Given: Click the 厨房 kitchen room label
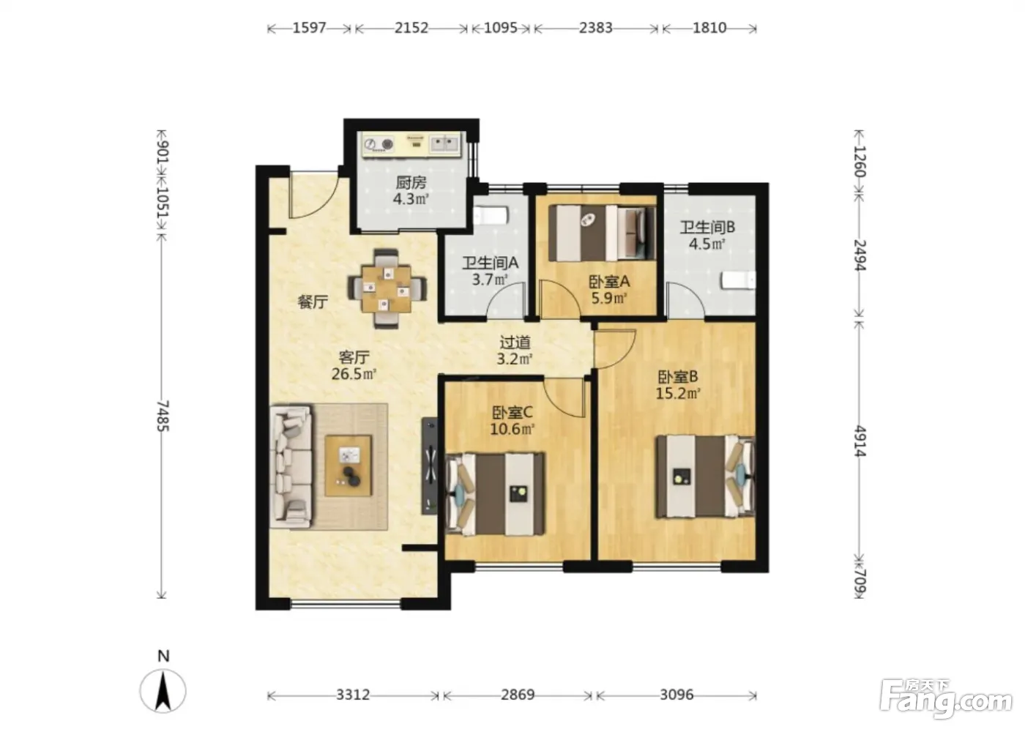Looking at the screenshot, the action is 411,182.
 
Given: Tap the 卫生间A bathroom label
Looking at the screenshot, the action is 490,263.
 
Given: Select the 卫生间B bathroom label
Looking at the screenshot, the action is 707,227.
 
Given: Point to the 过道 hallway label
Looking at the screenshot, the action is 515,342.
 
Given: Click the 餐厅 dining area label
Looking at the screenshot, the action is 313,302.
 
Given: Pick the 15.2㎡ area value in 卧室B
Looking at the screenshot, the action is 678,393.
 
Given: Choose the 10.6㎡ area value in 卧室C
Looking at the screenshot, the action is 512,429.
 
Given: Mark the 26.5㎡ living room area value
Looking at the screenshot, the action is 354,374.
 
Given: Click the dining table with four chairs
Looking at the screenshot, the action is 387,288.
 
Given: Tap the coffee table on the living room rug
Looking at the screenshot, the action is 348,466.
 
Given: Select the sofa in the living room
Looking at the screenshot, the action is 291,467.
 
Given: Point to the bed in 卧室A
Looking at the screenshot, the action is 602,233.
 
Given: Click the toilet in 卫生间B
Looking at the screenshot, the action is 738,280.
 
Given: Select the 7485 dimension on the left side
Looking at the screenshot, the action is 163,416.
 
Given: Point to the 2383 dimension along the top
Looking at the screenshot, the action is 595,28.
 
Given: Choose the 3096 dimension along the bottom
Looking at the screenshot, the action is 676,695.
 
